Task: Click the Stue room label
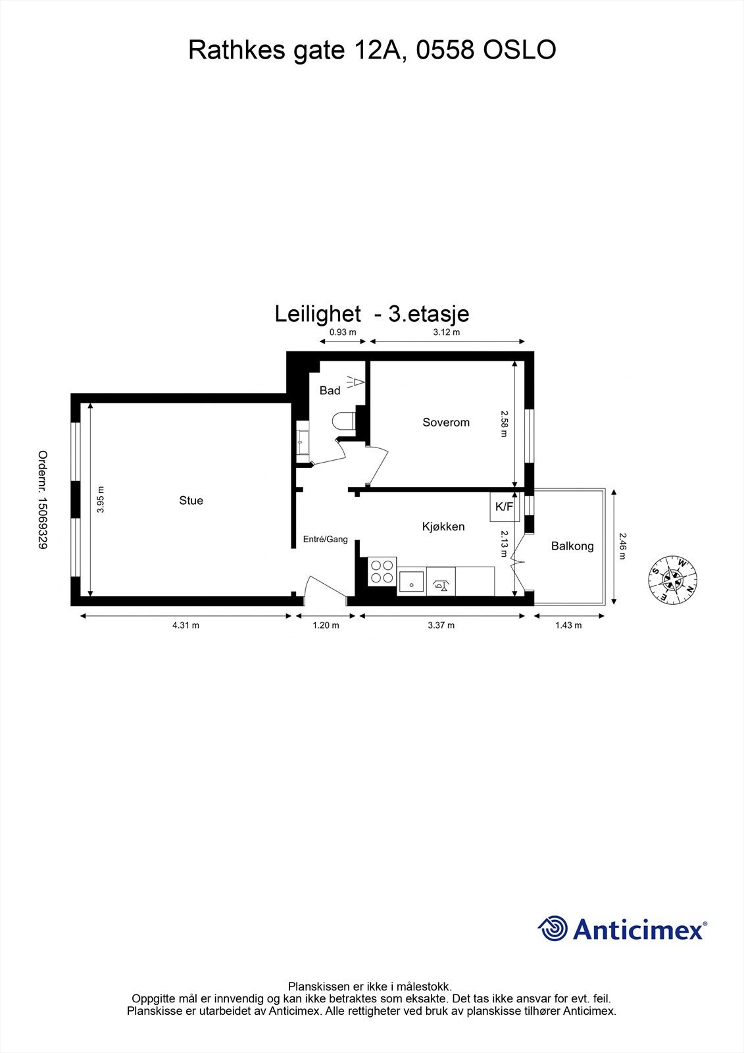point(191,501)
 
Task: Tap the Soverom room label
point(446,423)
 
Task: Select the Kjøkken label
point(443,526)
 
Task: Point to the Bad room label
point(330,391)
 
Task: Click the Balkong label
point(572,546)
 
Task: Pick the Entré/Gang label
point(325,540)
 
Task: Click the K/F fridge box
point(505,507)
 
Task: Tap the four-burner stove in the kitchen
point(382,571)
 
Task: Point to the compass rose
point(673,580)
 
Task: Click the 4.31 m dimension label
point(186,625)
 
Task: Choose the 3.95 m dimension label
point(101,500)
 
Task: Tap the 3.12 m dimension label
point(447,332)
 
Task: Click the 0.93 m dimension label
point(342,332)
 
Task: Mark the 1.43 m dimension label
point(568,625)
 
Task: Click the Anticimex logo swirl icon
point(553,929)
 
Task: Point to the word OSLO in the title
point(520,50)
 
